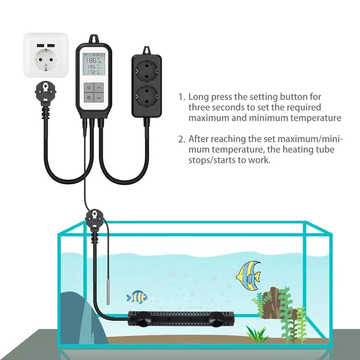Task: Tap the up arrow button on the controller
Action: (99, 87)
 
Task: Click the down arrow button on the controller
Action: (99, 98)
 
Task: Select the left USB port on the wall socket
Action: (41, 45)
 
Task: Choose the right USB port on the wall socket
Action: (51, 45)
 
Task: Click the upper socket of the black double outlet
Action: (147, 71)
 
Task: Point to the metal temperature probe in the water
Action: (108, 291)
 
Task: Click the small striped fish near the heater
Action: (137, 297)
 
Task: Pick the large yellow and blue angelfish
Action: (248, 275)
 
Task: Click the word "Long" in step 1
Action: (199, 97)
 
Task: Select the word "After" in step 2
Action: (199, 139)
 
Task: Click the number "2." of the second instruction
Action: (181, 139)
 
